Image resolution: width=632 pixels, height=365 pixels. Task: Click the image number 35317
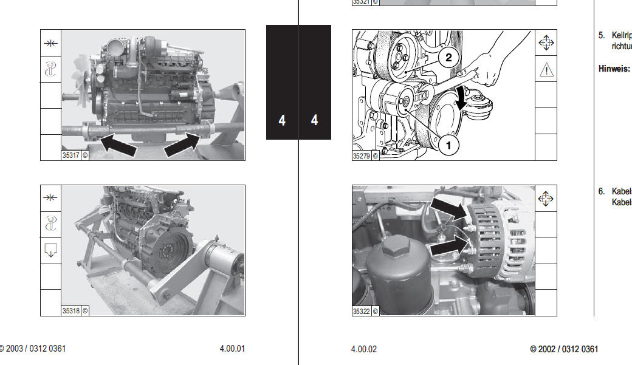click(71, 155)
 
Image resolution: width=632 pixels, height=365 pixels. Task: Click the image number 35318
click(71, 310)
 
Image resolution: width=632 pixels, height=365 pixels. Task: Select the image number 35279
click(362, 155)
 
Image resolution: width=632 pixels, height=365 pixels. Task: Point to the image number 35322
click(362, 311)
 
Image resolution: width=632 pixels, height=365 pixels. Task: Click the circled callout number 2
click(448, 58)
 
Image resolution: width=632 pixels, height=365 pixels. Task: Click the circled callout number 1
click(448, 146)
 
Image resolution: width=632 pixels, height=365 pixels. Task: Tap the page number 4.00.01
click(232, 349)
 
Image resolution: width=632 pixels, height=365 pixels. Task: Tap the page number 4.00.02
click(364, 349)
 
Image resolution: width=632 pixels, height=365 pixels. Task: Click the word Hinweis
click(614, 69)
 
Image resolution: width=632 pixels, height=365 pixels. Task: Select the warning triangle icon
click(546, 69)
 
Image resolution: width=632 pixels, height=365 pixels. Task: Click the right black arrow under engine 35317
click(182, 145)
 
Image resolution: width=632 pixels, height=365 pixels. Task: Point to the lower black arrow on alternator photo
click(448, 247)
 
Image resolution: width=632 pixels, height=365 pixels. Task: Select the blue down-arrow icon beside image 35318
click(51, 250)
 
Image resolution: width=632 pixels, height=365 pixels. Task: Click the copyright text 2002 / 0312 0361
click(564, 349)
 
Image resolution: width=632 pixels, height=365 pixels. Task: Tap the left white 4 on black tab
click(282, 120)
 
